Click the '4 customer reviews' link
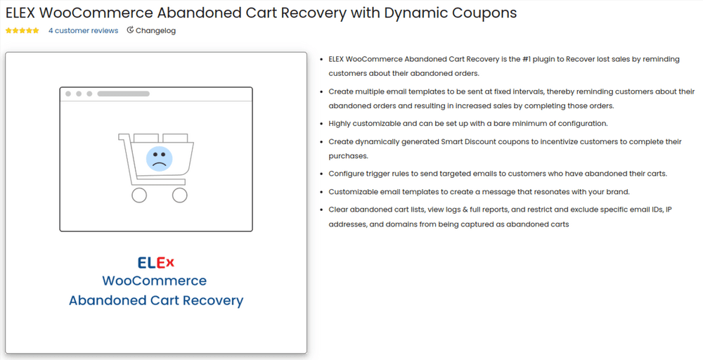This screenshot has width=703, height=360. pyautogui.click(x=83, y=31)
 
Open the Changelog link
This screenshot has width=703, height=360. pyautogui.click(x=155, y=31)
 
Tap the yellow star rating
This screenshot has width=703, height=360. pyautogui.click(x=22, y=31)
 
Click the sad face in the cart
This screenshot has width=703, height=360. pyautogui.click(x=160, y=158)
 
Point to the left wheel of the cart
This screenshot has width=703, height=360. pyautogui.click(x=139, y=195)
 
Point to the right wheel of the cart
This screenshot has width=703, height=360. pyautogui.click(x=179, y=195)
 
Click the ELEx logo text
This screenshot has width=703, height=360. pyautogui.click(x=155, y=263)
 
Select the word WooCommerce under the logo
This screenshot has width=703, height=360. pyautogui.click(x=155, y=281)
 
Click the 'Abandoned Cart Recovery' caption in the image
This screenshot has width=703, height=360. pyautogui.click(x=156, y=300)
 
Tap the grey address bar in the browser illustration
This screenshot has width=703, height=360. pyautogui.click(x=123, y=94)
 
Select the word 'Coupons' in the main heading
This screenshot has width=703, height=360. pyautogui.click(x=487, y=13)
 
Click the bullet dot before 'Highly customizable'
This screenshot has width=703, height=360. pyautogui.click(x=321, y=124)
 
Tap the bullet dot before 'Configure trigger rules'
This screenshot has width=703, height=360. pyautogui.click(x=321, y=174)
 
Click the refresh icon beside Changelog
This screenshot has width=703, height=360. pyautogui.click(x=130, y=30)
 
